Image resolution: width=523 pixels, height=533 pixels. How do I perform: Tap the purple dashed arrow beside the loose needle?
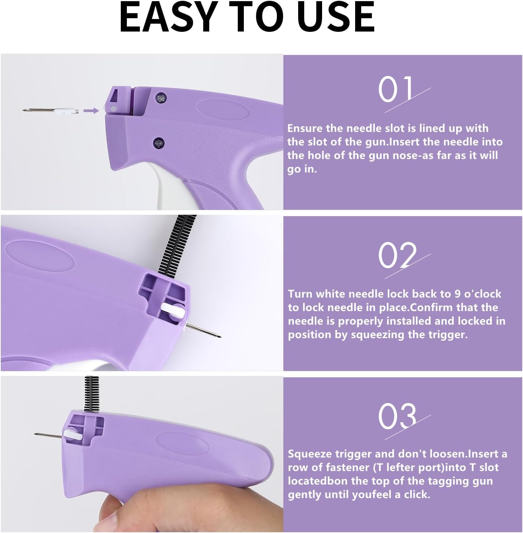coord(91,111)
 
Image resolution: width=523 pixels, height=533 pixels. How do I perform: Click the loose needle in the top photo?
coord(49,111)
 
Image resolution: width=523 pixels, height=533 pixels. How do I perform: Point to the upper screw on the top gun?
coord(159,98)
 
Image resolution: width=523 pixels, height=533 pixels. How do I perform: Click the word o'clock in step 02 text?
coord(482,294)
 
